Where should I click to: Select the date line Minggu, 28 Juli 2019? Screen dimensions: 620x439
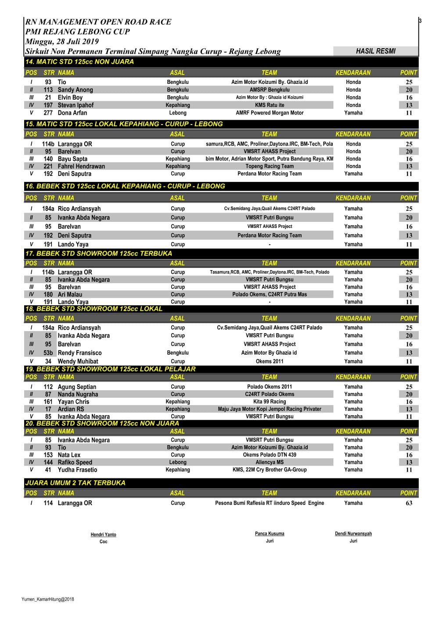[62, 42]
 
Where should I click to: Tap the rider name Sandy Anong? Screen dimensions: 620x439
[75, 90]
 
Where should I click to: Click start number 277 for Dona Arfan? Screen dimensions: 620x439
[48, 113]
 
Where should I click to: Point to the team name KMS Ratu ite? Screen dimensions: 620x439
[270, 105]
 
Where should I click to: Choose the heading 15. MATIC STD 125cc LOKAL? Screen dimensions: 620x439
[124, 124]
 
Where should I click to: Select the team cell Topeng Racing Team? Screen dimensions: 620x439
[270, 166]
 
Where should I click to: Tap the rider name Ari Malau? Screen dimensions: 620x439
[70, 294]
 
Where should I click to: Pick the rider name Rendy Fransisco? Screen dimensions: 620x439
[79, 353]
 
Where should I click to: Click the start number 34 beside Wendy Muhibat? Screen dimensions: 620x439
[48, 361]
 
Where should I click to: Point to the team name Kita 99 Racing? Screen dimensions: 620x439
[270, 402]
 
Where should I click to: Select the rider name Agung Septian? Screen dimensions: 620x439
[77, 387]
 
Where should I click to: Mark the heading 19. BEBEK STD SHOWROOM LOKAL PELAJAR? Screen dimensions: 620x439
[110, 369]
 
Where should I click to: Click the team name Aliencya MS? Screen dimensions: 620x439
[270, 462]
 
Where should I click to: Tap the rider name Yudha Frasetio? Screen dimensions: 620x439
[77, 470]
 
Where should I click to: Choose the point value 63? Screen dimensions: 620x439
[409, 503]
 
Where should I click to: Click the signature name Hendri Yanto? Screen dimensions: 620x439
[104, 534]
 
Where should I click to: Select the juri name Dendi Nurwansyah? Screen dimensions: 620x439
[353, 534]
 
